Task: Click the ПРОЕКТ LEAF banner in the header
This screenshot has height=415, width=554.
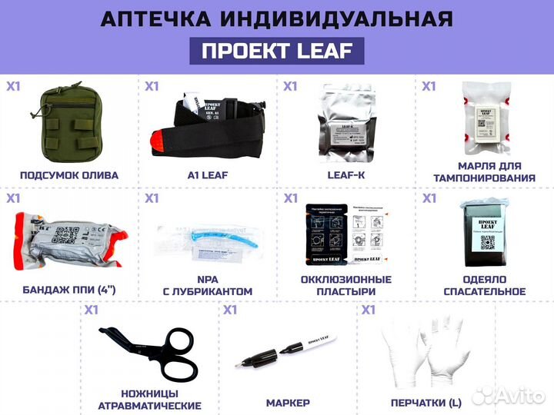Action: click(x=276, y=51)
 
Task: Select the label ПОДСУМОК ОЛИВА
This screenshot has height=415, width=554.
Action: click(x=69, y=174)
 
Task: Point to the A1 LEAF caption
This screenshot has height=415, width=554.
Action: click(x=208, y=174)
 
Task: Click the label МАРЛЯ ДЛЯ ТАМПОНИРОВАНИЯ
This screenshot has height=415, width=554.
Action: click(x=485, y=172)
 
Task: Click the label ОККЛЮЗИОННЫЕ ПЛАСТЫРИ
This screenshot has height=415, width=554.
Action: click(x=346, y=285)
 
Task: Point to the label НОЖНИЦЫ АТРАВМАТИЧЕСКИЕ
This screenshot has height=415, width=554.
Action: click(x=150, y=399)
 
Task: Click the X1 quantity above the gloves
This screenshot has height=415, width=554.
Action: click(x=368, y=310)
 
